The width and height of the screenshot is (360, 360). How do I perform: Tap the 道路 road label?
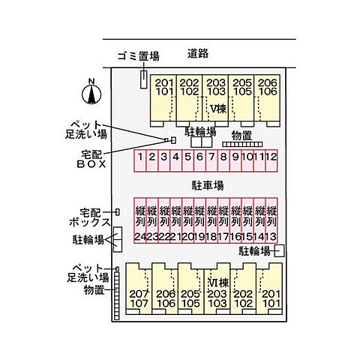(198, 53)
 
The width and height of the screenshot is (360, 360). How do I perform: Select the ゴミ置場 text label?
(139, 56)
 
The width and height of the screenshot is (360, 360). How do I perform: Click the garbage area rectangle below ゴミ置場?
(143, 79)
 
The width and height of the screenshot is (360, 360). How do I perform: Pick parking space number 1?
(140, 160)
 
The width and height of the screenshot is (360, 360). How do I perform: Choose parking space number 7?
(211, 160)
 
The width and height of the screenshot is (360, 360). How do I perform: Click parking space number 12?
(271, 160)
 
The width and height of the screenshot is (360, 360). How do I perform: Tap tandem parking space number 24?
(140, 220)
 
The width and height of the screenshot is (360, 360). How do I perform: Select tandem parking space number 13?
(271, 220)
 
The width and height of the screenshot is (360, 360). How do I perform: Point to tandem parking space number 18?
(211, 220)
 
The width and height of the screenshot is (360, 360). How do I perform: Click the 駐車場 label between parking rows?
(208, 185)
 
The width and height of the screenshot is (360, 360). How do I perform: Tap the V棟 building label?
(218, 109)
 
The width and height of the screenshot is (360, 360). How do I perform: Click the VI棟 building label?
(218, 283)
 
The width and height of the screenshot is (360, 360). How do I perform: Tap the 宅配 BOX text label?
(91, 159)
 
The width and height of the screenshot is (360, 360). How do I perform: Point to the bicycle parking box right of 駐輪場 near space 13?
(279, 250)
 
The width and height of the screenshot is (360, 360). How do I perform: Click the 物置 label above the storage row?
(241, 136)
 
